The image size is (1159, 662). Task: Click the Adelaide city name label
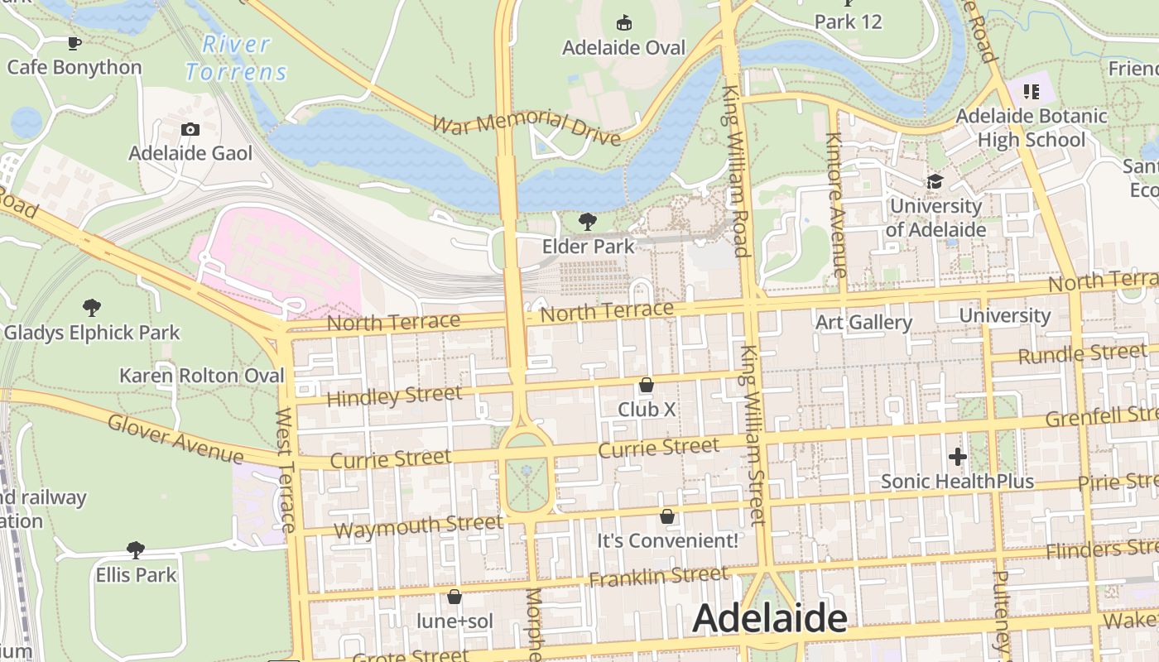pyautogui.click(x=769, y=618)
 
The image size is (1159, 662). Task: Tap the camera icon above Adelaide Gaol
pyautogui.click(x=190, y=129)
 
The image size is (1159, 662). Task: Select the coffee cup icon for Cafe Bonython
pyautogui.click(x=75, y=43)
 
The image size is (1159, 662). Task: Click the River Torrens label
pyautogui.click(x=236, y=58)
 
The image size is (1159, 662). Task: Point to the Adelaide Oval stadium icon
pyautogui.click(x=624, y=23)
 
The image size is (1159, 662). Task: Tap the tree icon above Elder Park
pyautogui.click(x=588, y=221)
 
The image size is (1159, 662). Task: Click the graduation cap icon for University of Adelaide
pyautogui.click(x=935, y=181)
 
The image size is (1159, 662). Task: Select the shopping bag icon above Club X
pyautogui.click(x=647, y=385)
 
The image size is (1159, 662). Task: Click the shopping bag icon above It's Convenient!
pyautogui.click(x=667, y=516)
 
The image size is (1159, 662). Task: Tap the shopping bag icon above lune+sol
pyautogui.click(x=454, y=597)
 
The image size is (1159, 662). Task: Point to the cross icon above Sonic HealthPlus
pyautogui.click(x=957, y=456)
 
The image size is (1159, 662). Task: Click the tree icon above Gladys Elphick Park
pyautogui.click(x=92, y=308)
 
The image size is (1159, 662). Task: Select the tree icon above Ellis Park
pyautogui.click(x=136, y=549)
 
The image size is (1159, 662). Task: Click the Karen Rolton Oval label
pyautogui.click(x=202, y=376)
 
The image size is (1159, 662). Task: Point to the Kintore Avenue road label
pyautogui.click(x=836, y=204)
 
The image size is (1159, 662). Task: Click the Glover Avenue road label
pyautogui.click(x=176, y=439)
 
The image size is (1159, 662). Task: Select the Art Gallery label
pyautogui.click(x=863, y=322)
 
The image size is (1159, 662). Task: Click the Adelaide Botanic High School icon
pyautogui.click(x=1031, y=91)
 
